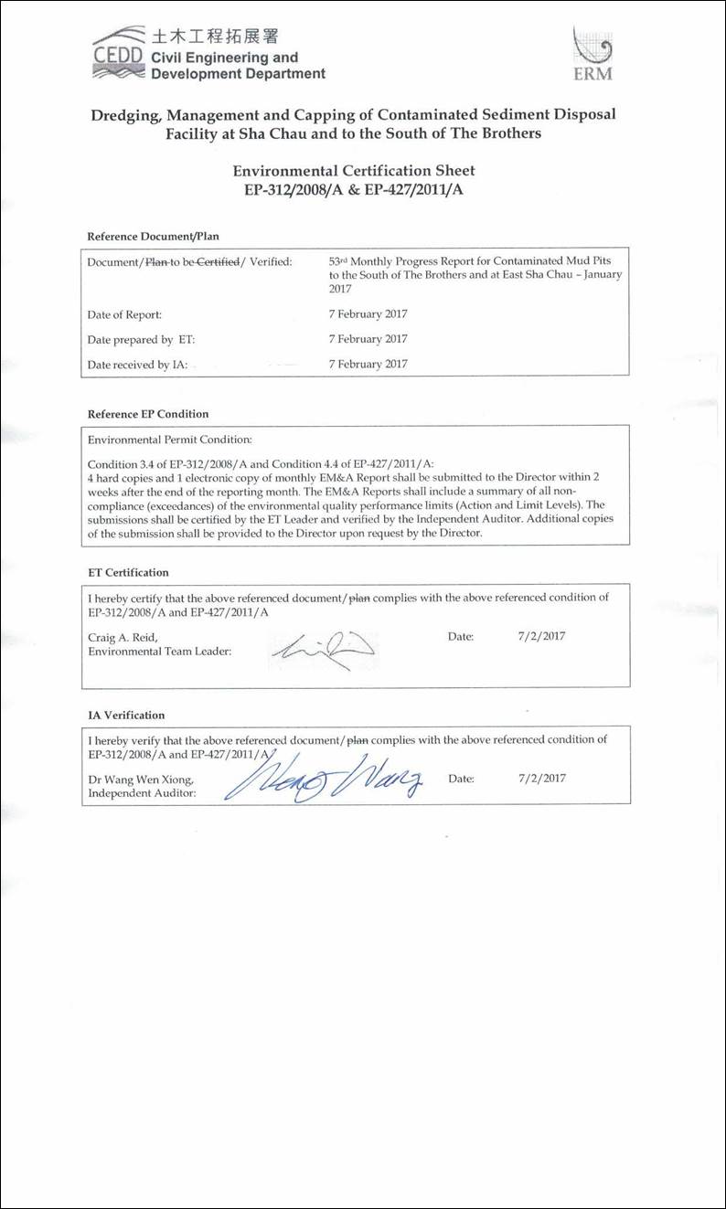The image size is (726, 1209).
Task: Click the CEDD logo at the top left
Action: [x=118, y=52]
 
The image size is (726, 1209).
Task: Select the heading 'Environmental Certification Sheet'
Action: [x=354, y=171]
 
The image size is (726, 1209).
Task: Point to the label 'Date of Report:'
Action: [x=124, y=314]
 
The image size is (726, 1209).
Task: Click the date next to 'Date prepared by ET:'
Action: [x=368, y=339]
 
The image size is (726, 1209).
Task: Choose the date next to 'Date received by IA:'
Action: [x=368, y=364]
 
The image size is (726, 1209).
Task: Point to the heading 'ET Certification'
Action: [x=128, y=573]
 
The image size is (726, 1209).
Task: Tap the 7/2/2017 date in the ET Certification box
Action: [x=541, y=637]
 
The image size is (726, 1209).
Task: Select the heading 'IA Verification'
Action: [x=126, y=716]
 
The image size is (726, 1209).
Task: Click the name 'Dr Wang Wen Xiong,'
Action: [x=141, y=779]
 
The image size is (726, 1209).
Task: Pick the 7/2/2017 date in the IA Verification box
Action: [x=541, y=779]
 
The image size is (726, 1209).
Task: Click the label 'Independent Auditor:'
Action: [x=142, y=793]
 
